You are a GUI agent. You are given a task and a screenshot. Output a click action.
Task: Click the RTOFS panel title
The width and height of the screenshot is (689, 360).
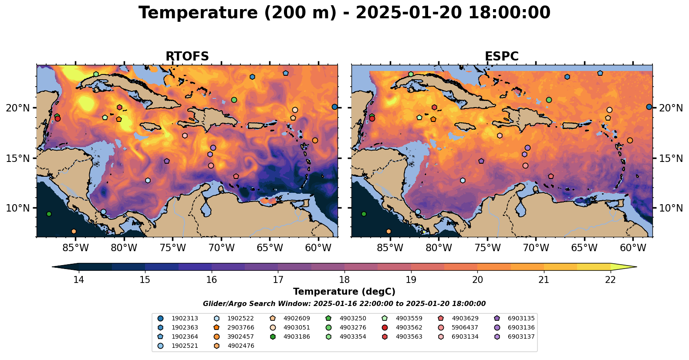pyautogui.click(x=187, y=57)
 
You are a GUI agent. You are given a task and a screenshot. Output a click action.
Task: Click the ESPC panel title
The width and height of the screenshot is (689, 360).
pyautogui.click(x=502, y=57)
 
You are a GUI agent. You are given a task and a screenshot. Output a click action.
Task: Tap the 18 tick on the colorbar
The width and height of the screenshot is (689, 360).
pyautogui.click(x=344, y=279)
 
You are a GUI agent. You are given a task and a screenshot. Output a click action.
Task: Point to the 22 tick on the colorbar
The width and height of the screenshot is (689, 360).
pyautogui.click(x=610, y=279)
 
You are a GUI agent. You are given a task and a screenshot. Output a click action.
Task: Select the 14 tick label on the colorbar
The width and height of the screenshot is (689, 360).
pyautogui.click(x=78, y=279)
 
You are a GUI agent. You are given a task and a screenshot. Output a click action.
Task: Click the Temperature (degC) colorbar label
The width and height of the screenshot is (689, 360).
pyautogui.click(x=344, y=292)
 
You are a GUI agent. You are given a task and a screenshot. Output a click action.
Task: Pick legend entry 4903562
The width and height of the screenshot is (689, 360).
pyautogui.click(x=409, y=328)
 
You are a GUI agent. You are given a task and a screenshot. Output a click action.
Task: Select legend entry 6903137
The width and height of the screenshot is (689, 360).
pyautogui.click(x=521, y=337)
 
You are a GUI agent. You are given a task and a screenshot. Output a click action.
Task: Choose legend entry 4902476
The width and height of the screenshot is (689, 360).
pyautogui.click(x=241, y=346)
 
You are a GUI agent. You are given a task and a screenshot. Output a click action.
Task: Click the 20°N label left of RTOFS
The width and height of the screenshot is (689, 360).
pyautogui.click(x=18, y=108)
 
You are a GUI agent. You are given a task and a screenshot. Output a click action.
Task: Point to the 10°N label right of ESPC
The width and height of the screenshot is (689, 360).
pyautogui.click(x=671, y=208)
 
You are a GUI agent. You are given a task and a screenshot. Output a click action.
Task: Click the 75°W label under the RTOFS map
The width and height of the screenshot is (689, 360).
pyautogui.click(x=173, y=248)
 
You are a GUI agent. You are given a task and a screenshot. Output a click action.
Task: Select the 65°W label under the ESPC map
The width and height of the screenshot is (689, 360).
pyautogui.click(x=584, y=248)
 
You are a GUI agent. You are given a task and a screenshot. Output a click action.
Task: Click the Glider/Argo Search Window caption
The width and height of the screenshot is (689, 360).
pyautogui.click(x=344, y=304)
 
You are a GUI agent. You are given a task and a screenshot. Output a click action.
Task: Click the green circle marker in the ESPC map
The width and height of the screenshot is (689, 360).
pyautogui.click(x=549, y=100)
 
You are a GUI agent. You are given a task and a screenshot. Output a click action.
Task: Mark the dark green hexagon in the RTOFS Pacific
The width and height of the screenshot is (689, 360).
pyautogui.click(x=49, y=214)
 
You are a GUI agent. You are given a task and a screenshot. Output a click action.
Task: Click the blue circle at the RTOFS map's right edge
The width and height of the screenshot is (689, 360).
pyautogui.click(x=334, y=107)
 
